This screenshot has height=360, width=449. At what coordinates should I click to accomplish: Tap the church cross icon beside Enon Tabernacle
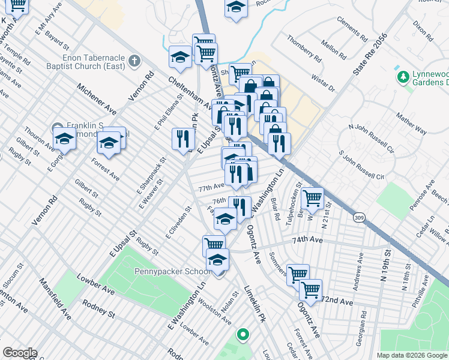(133, 61)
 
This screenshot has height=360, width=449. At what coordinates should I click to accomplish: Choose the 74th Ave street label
(308, 240)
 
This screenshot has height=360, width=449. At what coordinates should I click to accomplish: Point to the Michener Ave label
(96, 99)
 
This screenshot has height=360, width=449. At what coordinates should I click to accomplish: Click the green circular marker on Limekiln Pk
(243, 334)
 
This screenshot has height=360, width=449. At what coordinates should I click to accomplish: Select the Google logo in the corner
(20, 352)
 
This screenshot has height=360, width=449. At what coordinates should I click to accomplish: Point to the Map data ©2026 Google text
(412, 355)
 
